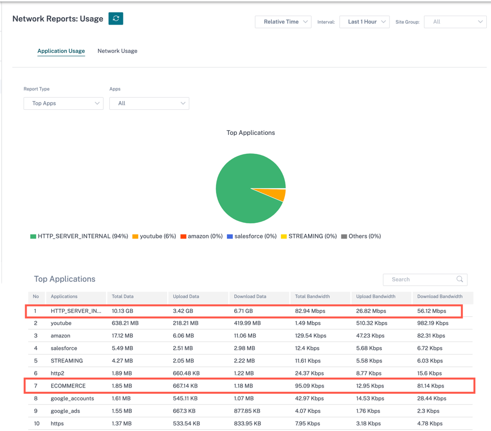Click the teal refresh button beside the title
116,18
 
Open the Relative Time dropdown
283,22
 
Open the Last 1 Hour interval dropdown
364,22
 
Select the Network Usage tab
118,51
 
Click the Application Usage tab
61,51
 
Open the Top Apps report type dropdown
64,104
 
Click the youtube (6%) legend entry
154,236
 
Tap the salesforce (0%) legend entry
252,236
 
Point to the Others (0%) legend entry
361,236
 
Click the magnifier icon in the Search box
460,279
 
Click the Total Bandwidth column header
312,296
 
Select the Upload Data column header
186,296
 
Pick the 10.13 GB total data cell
122,311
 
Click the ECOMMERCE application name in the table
68,386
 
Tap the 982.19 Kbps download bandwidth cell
433,323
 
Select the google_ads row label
65,411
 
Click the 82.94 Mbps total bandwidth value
310,311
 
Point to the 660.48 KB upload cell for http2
186,373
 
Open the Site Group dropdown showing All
455,22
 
